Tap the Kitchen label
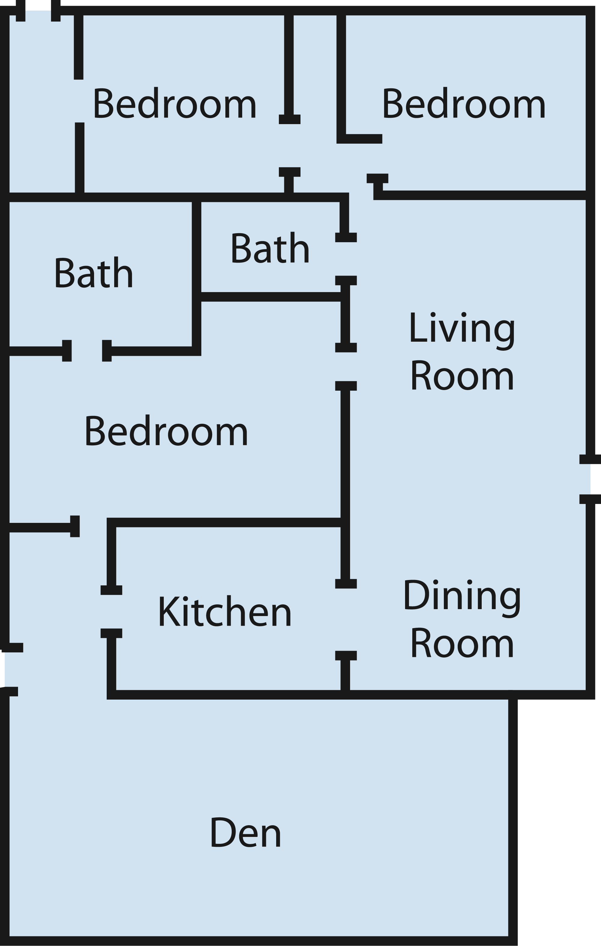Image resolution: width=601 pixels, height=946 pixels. coord(225,611)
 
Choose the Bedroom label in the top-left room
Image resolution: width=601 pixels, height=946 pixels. coord(174,102)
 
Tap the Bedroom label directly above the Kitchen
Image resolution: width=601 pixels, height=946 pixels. coord(166,431)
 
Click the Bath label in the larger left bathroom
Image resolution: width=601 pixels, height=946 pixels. coord(93,272)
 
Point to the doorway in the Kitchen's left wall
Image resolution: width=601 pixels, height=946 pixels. coord(111,612)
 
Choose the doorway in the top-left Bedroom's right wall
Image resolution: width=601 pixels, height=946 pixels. coord(289,146)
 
